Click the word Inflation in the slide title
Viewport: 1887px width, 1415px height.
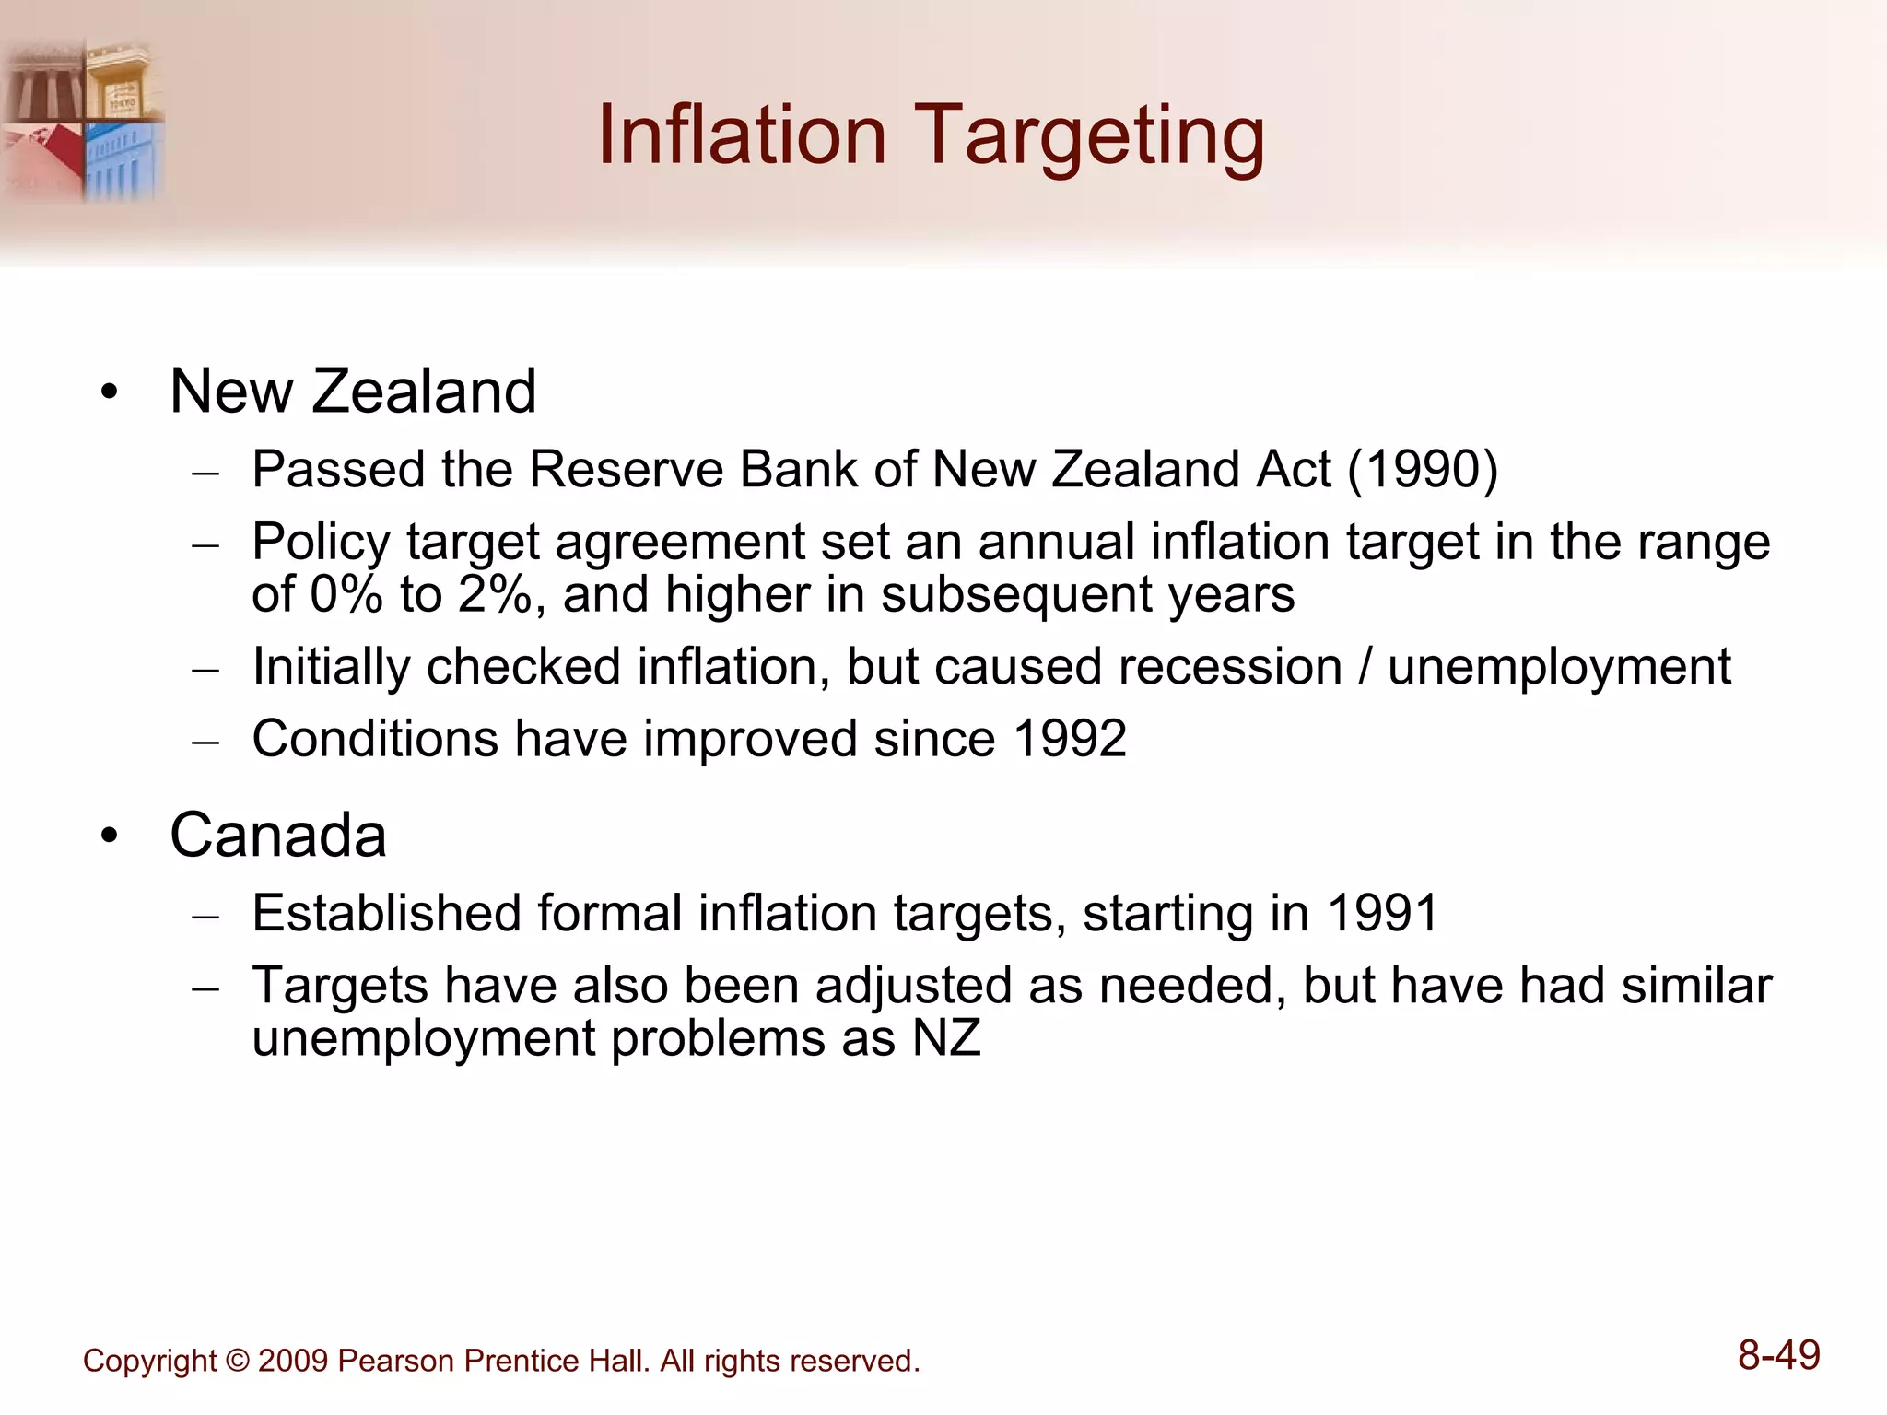pos(742,136)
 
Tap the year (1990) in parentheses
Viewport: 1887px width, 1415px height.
pos(1423,470)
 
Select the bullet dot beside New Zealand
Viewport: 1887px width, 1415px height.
pos(111,393)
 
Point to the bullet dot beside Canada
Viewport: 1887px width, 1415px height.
pos(111,837)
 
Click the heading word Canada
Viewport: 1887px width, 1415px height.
pos(277,836)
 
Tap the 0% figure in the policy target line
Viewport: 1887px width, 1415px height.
pos(346,594)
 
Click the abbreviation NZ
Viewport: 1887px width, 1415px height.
pos(946,1038)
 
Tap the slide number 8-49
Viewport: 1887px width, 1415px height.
pos(1778,1356)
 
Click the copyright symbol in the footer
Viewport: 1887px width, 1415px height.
pos(238,1362)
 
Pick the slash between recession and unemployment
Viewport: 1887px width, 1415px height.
pos(1365,667)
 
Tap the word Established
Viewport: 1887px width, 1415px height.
pos(387,913)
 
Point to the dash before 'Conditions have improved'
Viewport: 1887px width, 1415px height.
pos(205,742)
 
